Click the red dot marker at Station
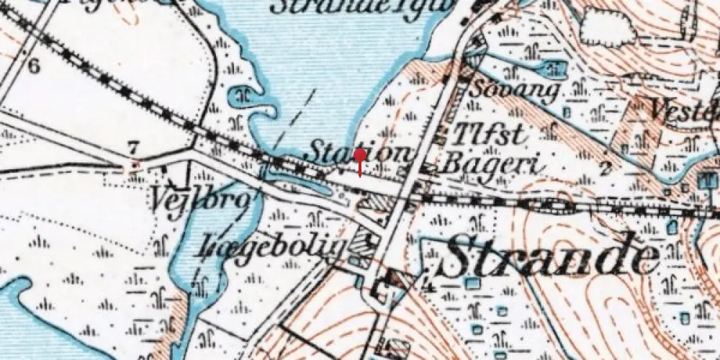click(360, 154)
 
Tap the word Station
click(360, 153)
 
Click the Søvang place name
click(516, 91)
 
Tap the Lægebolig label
click(275, 245)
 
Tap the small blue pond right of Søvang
click(556, 70)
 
